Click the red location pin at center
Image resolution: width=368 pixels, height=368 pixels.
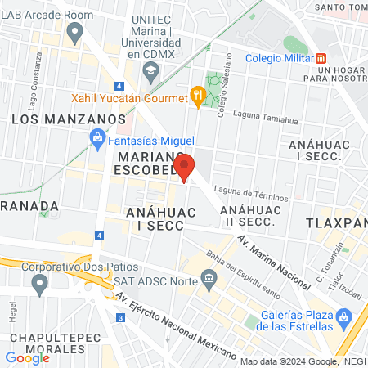tap(185, 167)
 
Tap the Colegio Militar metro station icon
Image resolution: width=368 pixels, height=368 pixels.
tap(322, 58)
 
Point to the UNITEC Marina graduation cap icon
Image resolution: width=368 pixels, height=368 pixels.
tap(150, 72)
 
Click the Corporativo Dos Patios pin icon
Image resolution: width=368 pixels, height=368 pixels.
tap(38, 284)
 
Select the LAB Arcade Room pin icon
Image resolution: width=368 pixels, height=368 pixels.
tap(76, 33)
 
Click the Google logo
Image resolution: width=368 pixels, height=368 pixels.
tap(27, 357)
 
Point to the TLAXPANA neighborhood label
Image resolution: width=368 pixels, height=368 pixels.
tap(337, 222)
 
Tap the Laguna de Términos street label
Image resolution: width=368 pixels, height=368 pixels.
tap(253, 197)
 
